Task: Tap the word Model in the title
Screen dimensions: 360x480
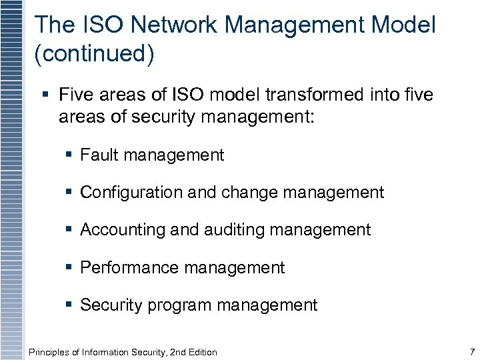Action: click(x=404, y=26)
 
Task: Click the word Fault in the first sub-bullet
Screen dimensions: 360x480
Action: click(x=97, y=156)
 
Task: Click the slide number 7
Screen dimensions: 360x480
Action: click(x=471, y=351)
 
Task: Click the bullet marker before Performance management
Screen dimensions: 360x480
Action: click(x=70, y=268)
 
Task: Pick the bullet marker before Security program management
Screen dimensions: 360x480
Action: click(x=70, y=305)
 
